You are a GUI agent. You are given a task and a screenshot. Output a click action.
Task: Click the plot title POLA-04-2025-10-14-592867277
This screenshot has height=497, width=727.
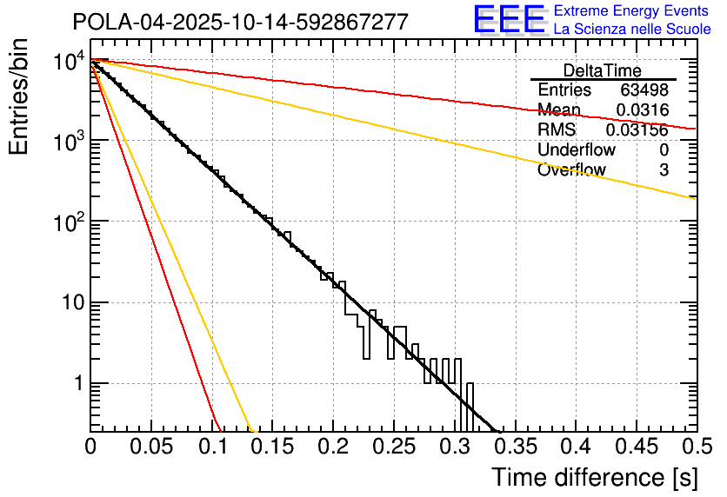pos(240,22)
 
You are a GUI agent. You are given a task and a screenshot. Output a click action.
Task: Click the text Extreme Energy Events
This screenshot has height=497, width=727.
pos(630,12)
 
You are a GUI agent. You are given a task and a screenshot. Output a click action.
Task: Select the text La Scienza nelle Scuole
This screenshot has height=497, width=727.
pos(632,30)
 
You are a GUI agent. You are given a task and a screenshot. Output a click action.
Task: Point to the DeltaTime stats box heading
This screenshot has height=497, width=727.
pos(602,70)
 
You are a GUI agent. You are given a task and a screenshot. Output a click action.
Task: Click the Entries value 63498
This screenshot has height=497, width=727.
pos(644,90)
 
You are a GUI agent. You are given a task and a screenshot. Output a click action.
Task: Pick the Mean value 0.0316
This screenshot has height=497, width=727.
pos(642,110)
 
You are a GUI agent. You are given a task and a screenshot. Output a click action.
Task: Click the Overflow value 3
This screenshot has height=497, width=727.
pos(664,170)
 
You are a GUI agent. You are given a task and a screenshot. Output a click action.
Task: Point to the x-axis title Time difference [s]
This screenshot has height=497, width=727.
pos(594,477)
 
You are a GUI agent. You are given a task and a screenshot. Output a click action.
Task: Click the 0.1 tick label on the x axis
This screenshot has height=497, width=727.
pos(211,447)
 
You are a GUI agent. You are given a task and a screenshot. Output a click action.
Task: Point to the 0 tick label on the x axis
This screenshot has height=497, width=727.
pos(90,447)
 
